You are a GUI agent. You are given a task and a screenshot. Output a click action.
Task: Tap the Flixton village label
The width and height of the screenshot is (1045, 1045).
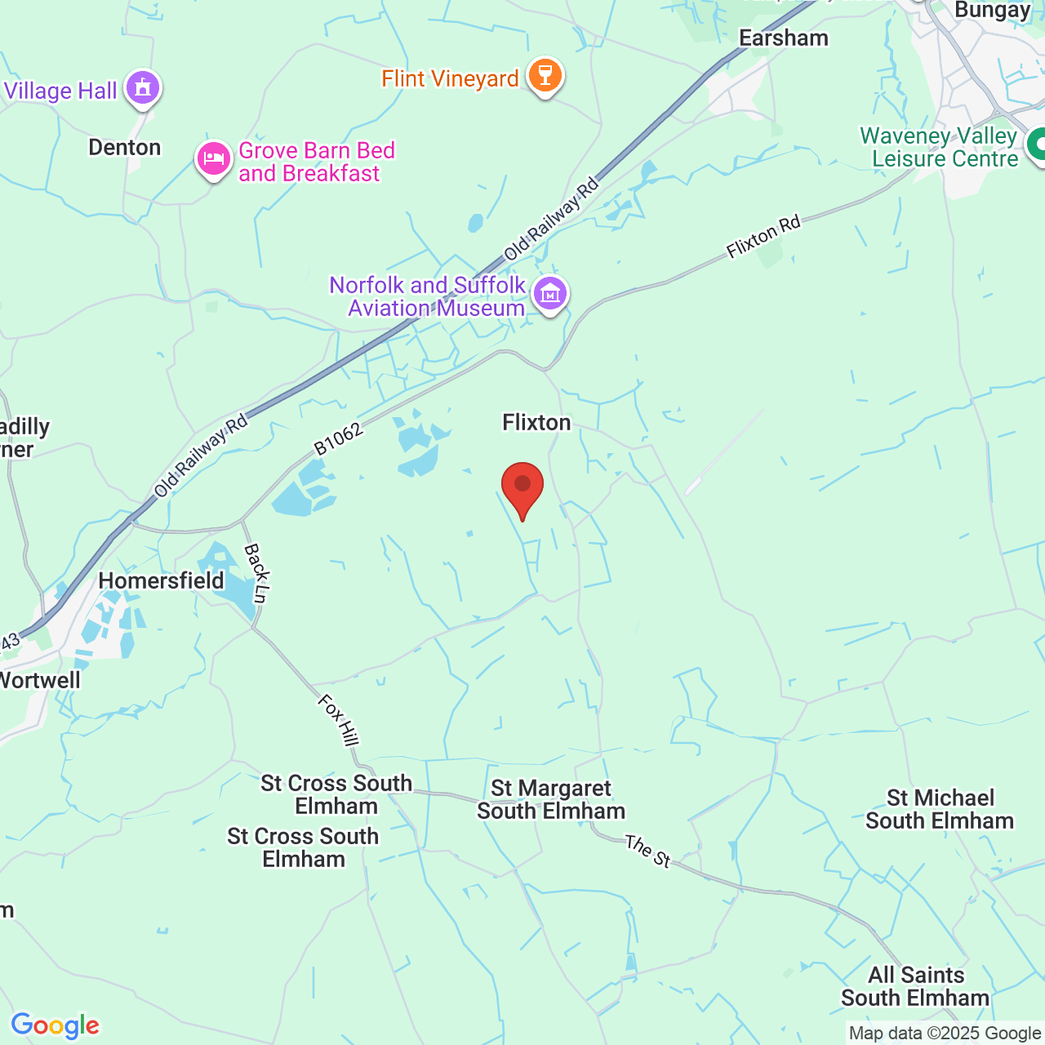[536, 422]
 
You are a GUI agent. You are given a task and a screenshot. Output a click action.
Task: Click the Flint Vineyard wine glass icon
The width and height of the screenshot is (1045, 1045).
[545, 77]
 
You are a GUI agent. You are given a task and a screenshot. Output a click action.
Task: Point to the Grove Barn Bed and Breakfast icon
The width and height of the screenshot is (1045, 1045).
[214, 159]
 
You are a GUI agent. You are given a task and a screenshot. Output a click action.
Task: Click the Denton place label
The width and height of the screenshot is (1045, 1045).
[125, 147]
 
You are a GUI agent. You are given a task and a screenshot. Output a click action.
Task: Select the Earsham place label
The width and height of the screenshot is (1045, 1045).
[783, 38]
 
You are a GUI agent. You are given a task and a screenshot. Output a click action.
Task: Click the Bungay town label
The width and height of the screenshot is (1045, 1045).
[992, 11]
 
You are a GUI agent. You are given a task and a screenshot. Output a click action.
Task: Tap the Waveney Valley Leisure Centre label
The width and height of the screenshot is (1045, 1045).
[939, 147]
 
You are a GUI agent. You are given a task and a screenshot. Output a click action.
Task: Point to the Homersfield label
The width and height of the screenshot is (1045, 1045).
[161, 580]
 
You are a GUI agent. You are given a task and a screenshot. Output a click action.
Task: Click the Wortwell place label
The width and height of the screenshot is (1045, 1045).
[39, 680]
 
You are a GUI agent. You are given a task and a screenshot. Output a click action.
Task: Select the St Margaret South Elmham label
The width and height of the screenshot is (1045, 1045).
[551, 799]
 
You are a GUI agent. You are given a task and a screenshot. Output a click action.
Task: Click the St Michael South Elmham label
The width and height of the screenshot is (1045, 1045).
[940, 809]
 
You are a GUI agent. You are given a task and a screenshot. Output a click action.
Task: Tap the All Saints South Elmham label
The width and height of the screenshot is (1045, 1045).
[915, 986]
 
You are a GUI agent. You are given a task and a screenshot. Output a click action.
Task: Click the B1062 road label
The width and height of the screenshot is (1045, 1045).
[338, 439]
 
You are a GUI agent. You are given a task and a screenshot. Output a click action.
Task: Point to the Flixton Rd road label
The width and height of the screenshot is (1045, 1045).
[763, 237]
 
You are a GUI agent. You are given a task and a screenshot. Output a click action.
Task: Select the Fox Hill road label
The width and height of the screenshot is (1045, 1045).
[338, 719]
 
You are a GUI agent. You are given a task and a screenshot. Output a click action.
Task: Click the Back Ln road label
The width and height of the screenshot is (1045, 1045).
[256, 573]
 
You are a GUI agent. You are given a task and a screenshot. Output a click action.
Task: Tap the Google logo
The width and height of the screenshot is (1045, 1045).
[56, 1025]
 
